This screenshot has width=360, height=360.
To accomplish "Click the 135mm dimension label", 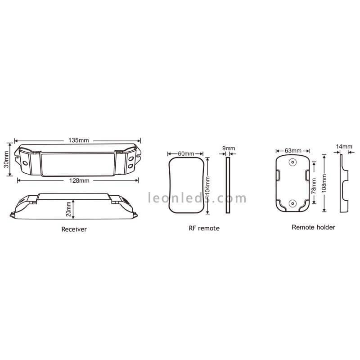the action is coord(78,140).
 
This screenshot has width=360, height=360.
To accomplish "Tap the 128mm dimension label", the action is coord(79,181).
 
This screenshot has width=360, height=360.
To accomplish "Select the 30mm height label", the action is coord(6,159).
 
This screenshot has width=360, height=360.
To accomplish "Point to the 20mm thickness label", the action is coord(68,209).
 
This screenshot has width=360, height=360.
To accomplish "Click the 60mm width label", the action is coord(186,153).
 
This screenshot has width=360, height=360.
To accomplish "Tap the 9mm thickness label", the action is coord(229,148).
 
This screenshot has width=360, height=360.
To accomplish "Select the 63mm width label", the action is coord(293,151).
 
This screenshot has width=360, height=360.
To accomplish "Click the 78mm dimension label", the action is coord(314,186).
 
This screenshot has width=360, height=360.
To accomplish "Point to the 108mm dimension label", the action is coord(324,183).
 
